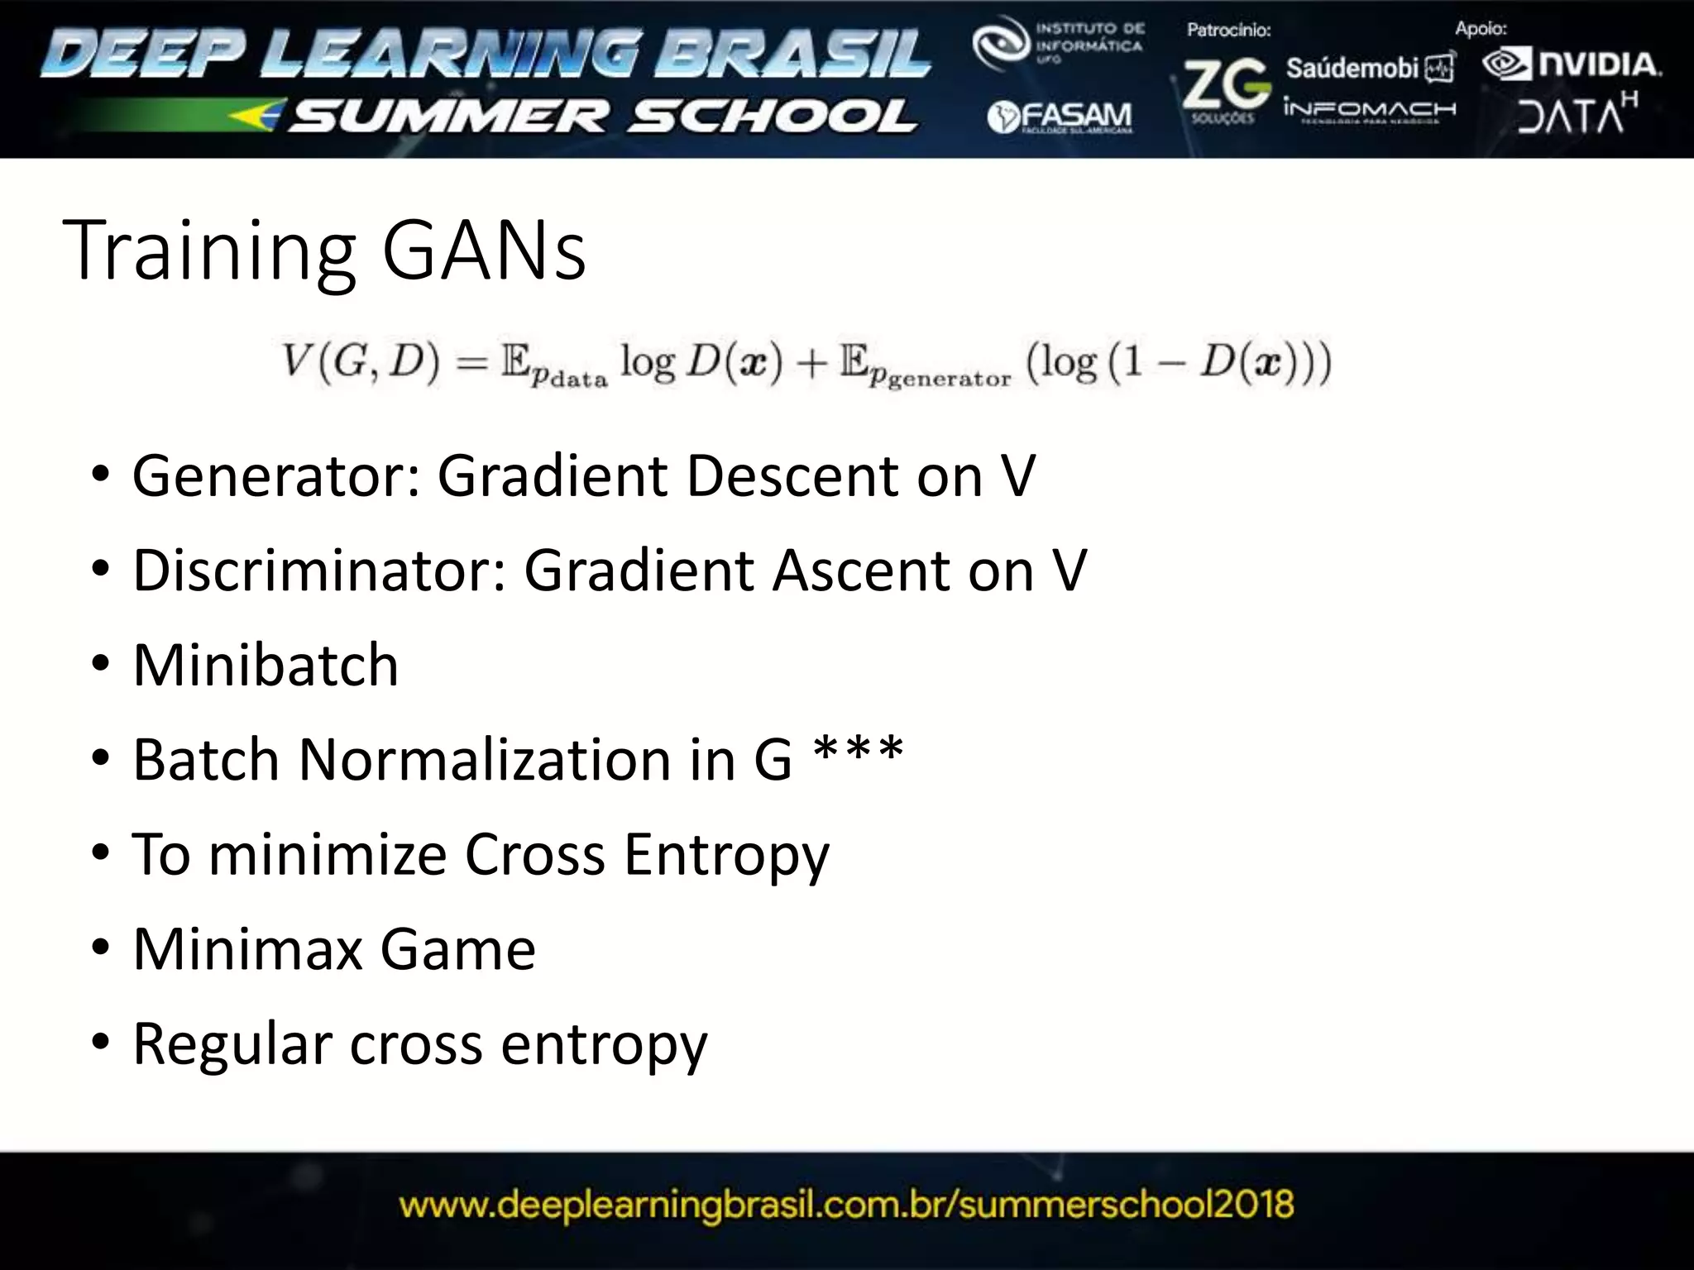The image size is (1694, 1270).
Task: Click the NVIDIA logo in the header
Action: point(1572,64)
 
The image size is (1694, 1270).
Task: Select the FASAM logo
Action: point(1060,117)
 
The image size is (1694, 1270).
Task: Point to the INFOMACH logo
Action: point(1369,110)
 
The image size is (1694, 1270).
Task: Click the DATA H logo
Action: point(1577,114)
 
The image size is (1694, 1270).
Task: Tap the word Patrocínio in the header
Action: point(1228,31)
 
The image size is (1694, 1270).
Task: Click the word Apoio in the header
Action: point(1481,29)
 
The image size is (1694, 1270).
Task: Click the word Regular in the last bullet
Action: point(232,1044)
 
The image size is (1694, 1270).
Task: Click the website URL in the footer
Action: point(846,1204)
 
